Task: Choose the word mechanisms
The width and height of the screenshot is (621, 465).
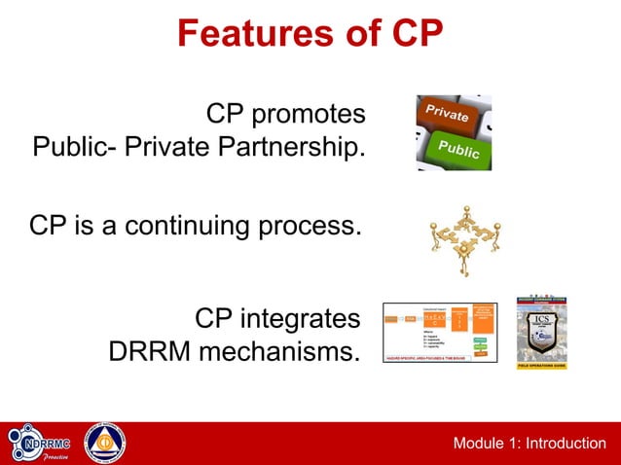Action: (279, 351)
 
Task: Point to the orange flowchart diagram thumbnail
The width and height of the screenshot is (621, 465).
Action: (439, 332)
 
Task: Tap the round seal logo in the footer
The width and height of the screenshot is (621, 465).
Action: (105, 444)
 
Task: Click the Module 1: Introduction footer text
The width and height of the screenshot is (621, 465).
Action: (529, 444)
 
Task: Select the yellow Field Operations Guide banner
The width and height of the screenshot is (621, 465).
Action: (541, 365)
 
